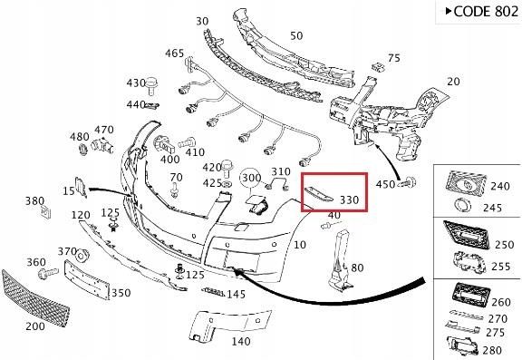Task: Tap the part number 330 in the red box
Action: [x=349, y=199]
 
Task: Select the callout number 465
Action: [x=174, y=53]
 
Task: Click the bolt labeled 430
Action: [x=152, y=85]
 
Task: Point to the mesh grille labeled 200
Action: [x=35, y=298]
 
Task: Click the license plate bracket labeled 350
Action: [x=87, y=279]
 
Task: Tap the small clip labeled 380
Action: [x=45, y=212]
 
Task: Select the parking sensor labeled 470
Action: [x=102, y=144]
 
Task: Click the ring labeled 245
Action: [x=463, y=206]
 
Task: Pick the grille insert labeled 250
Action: [x=467, y=235]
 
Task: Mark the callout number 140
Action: [x=241, y=341]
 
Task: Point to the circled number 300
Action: [x=251, y=178]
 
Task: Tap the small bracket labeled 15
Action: [x=81, y=187]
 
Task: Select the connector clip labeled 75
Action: [x=379, y=67]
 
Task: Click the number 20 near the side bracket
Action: [x=453, y=82]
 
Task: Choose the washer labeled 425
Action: [x=227, y=184]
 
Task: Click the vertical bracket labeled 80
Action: [x=341, y=260]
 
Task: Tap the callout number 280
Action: [x=492, y=350]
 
